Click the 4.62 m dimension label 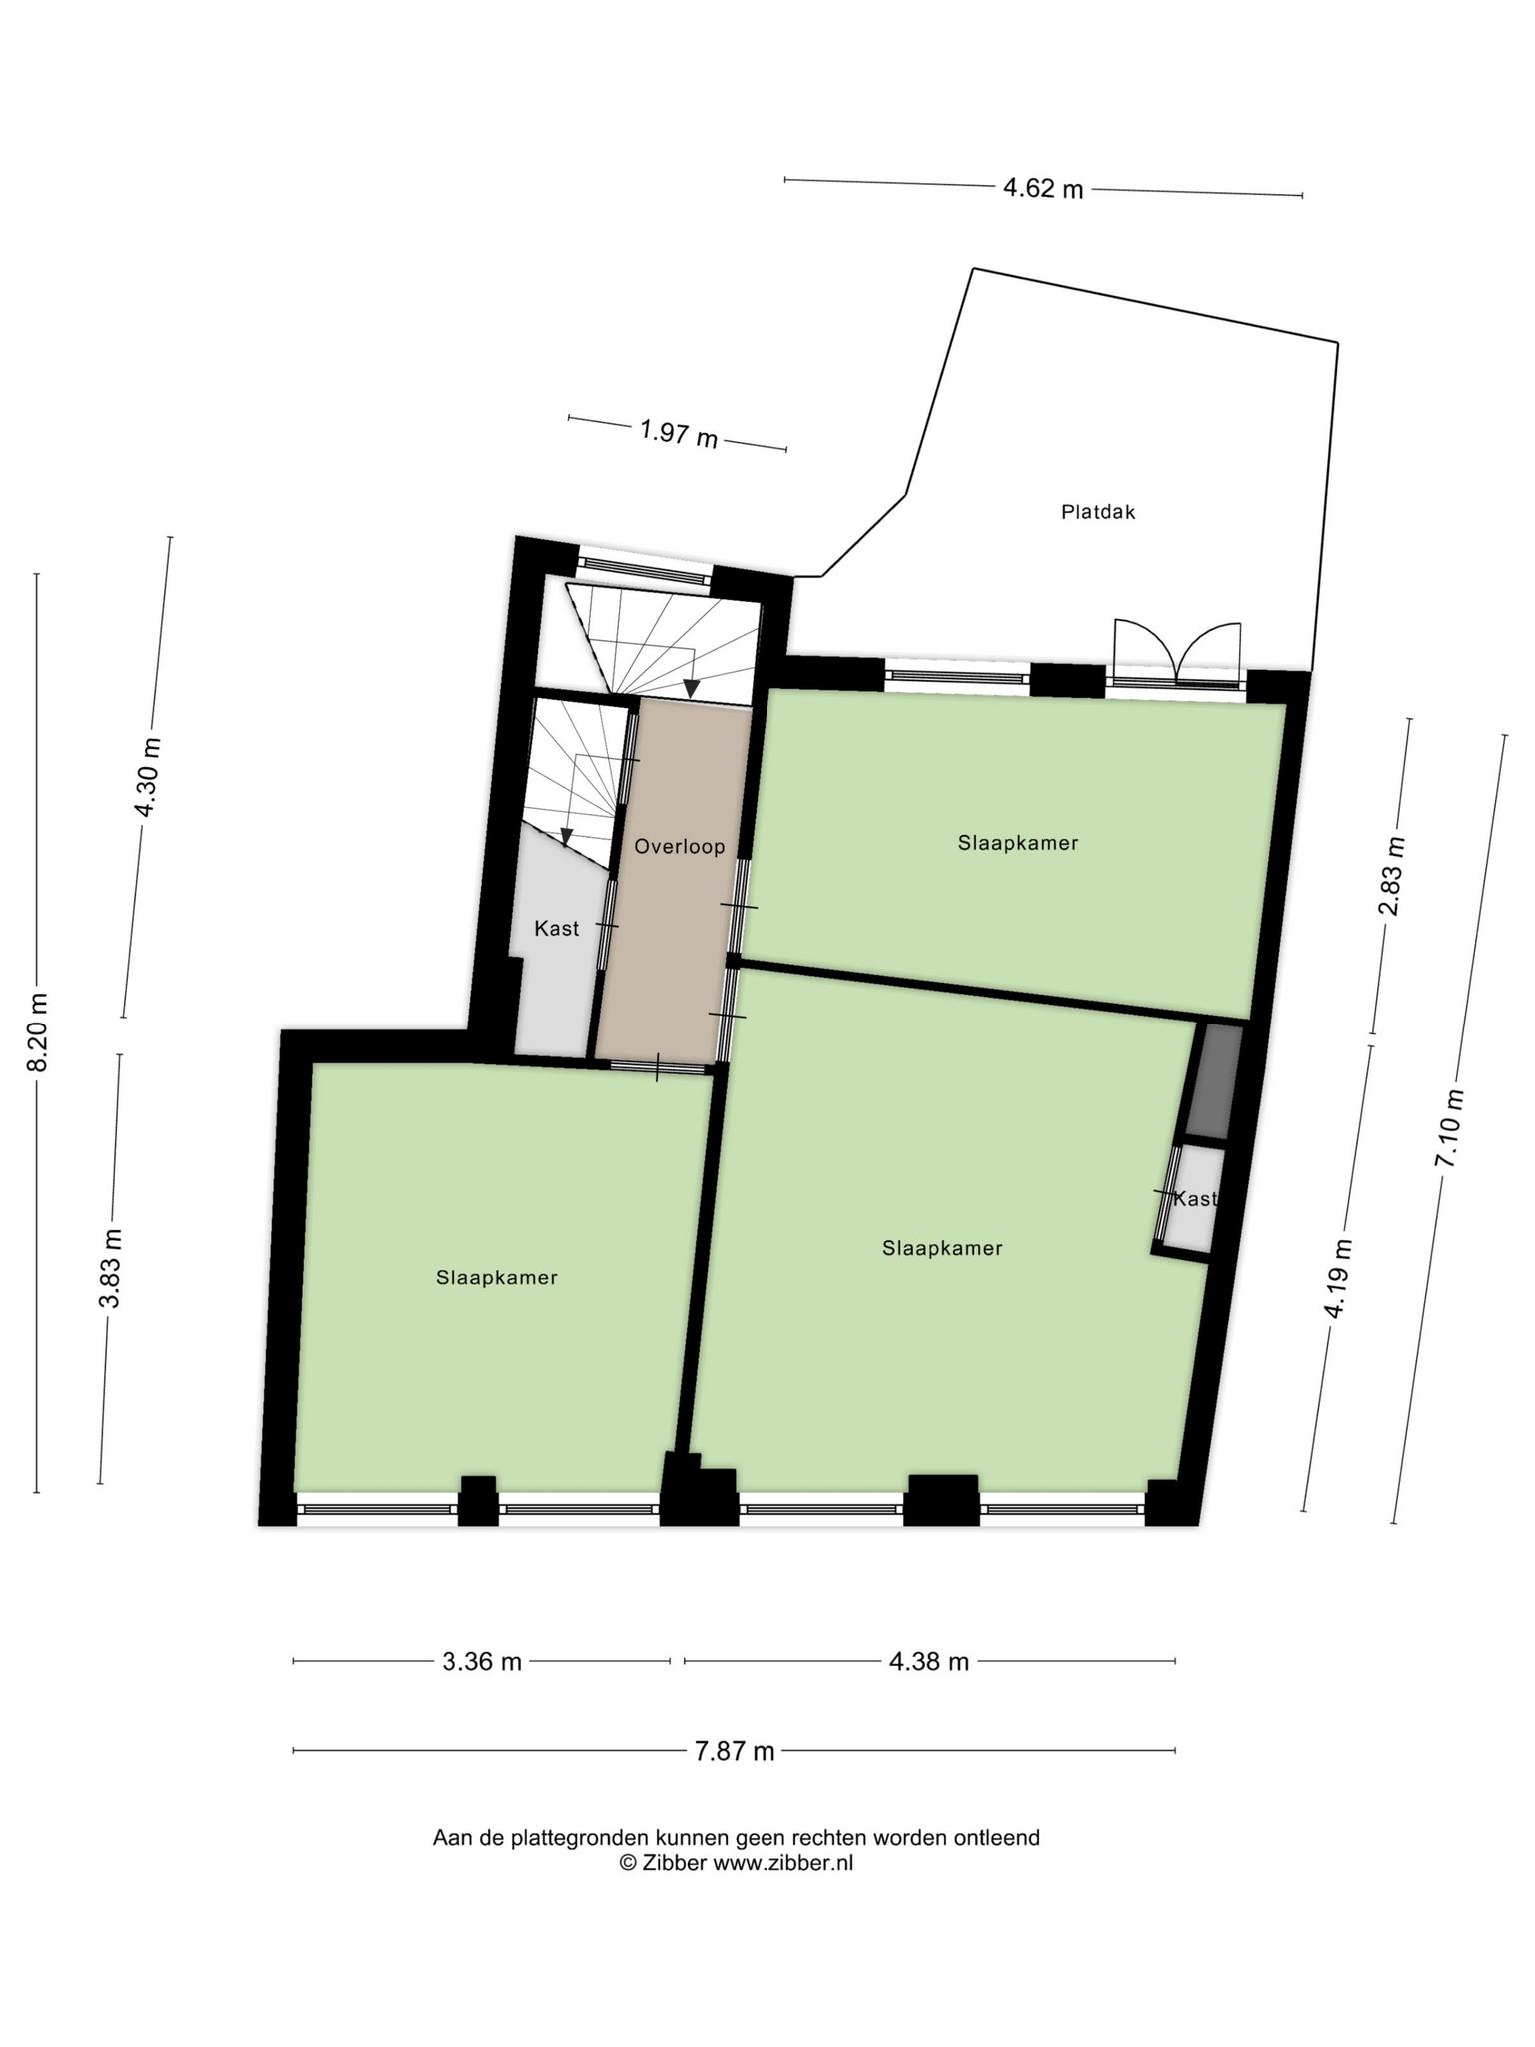click(x=1043, y=188)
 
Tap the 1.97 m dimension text click(x=679, y=434)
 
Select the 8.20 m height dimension click(x=37, y=1032)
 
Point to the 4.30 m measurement click(x=147, y=777)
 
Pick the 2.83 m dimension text click(x=1391, y=876)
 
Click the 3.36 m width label click(x=482, y=1662)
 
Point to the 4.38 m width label click(x=929, y=1662)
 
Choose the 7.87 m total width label click(x=735, y=1751)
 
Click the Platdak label click(x=1098, y=513)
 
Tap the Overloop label click(x=680, y=847)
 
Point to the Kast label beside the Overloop click(x=557, y=929)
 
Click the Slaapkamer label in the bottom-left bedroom click(x=497, y=1277)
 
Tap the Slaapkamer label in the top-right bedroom click(x=1018, y=843)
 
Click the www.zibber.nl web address click(x=782, y=1863)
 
